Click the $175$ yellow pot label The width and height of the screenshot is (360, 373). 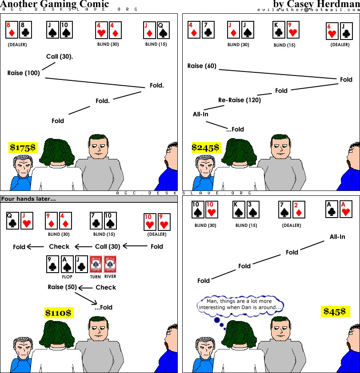[23, 147]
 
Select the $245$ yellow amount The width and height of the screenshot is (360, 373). [206, 147]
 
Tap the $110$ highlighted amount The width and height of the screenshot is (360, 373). [59, 313]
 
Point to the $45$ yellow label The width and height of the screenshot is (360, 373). [335, 311]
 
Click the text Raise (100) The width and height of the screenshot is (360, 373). [24, 73]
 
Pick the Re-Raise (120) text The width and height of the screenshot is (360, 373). [240, 100]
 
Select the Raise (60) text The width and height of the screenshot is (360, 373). [202, 66]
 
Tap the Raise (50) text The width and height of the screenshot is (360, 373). [62, 287]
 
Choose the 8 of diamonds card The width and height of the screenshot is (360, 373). [12, 30]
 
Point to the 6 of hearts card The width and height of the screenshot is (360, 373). [332, 31]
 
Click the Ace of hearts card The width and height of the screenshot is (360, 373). [346, 209]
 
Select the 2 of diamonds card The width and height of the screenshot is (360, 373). [299, 210]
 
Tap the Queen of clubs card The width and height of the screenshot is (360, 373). [12, 221]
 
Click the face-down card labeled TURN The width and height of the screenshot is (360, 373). [96, 264]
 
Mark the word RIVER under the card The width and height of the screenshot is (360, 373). [110, 276]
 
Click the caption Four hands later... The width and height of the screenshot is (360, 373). [28, 199]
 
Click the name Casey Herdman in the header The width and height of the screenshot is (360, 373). [324, 4]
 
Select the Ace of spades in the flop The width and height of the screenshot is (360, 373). [67, 264]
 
